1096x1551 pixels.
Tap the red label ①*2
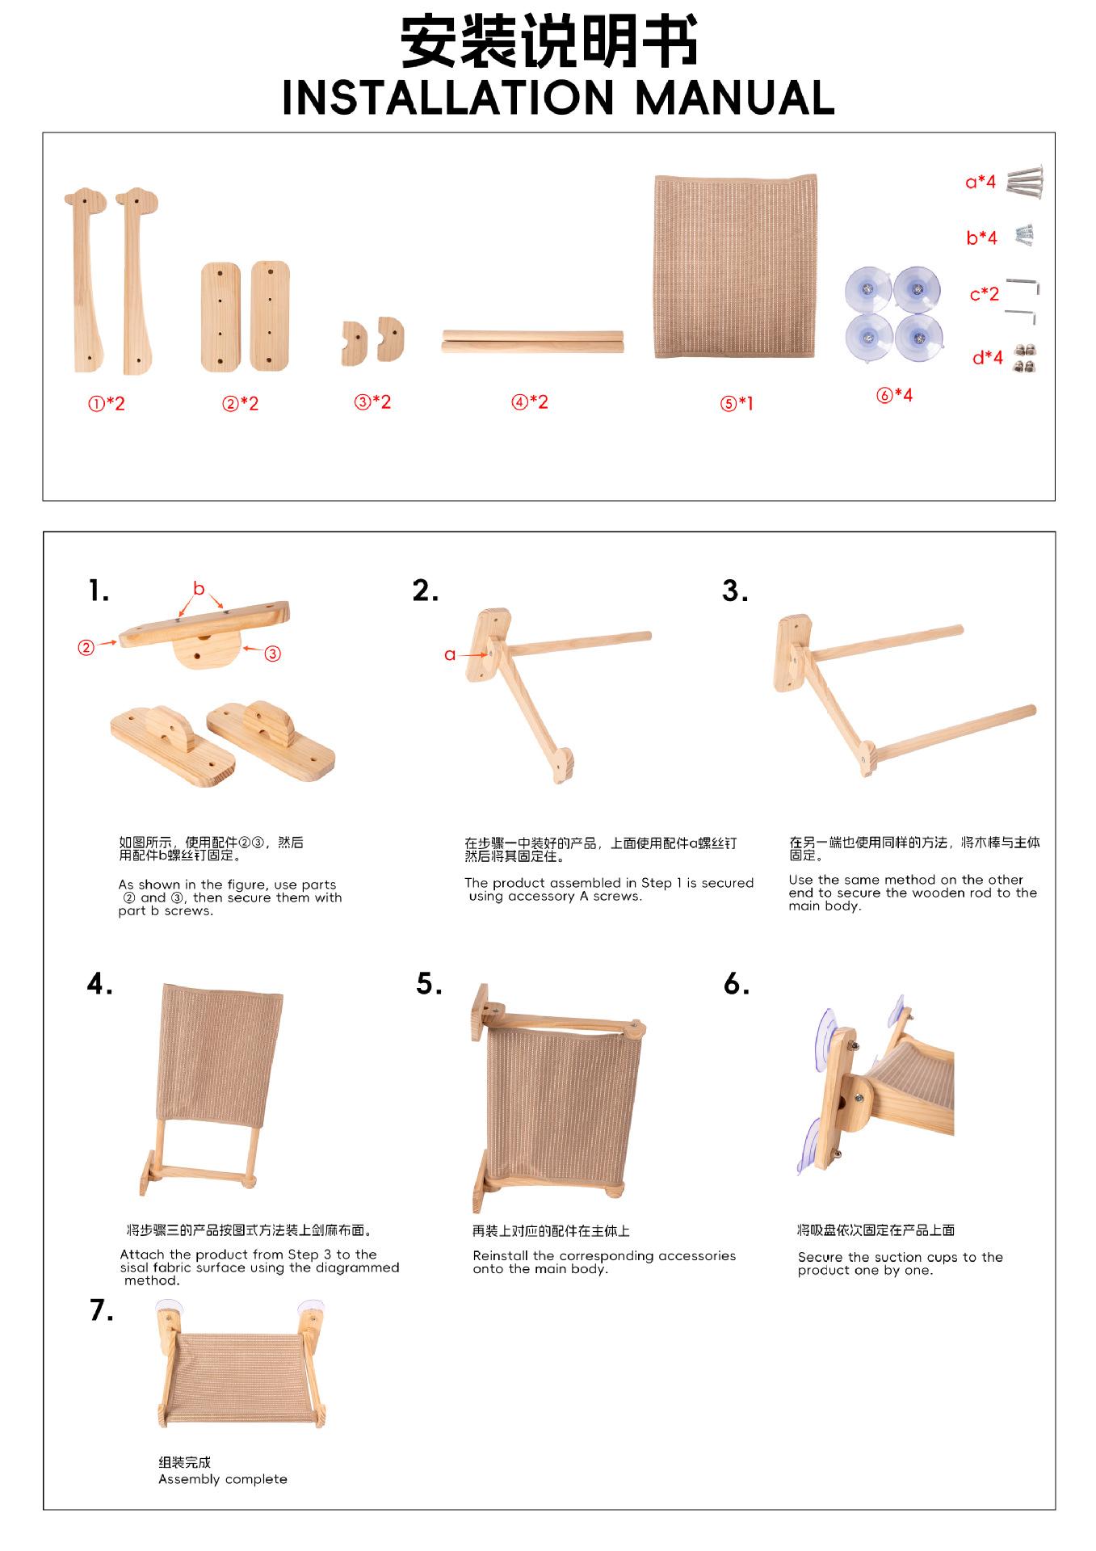pyautogui.click(x=107, y=403)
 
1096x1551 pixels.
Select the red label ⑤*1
pyautogui.click(x=737, y=403)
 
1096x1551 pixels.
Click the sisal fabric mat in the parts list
pyautogui.click(x=735, y=267)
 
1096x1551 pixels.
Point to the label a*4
pyautogui.click(x=981, y=182)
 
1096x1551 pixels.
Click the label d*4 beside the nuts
pyautogui.click(x=987, y=357)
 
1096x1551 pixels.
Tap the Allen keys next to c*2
pyautogui.click(x=1022, y=299)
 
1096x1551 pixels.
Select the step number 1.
pyautogui.click(x=99, y=591)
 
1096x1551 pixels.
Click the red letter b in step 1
pyautogui.click(x=199, y=589)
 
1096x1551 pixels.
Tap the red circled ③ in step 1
pyautogui.click(x=273, y=654)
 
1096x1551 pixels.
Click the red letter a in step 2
pyautogui.click(x=450, y=654)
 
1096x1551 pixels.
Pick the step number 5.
pyautogui.click(x=429, y=983)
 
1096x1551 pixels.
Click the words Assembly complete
pyautogui.click(x=223, y=1479)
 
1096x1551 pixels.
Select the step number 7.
pyautogui.click(x=102, y=1310)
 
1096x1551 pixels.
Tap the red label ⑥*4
pyautogui.click(x=895, y=395)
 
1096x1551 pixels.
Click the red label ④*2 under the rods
pyautogui.click(x=530, y=401)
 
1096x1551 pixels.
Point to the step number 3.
pyautogui.click(x=735, y=591)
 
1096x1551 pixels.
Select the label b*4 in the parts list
pyautogui.click(x=981, y=237)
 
